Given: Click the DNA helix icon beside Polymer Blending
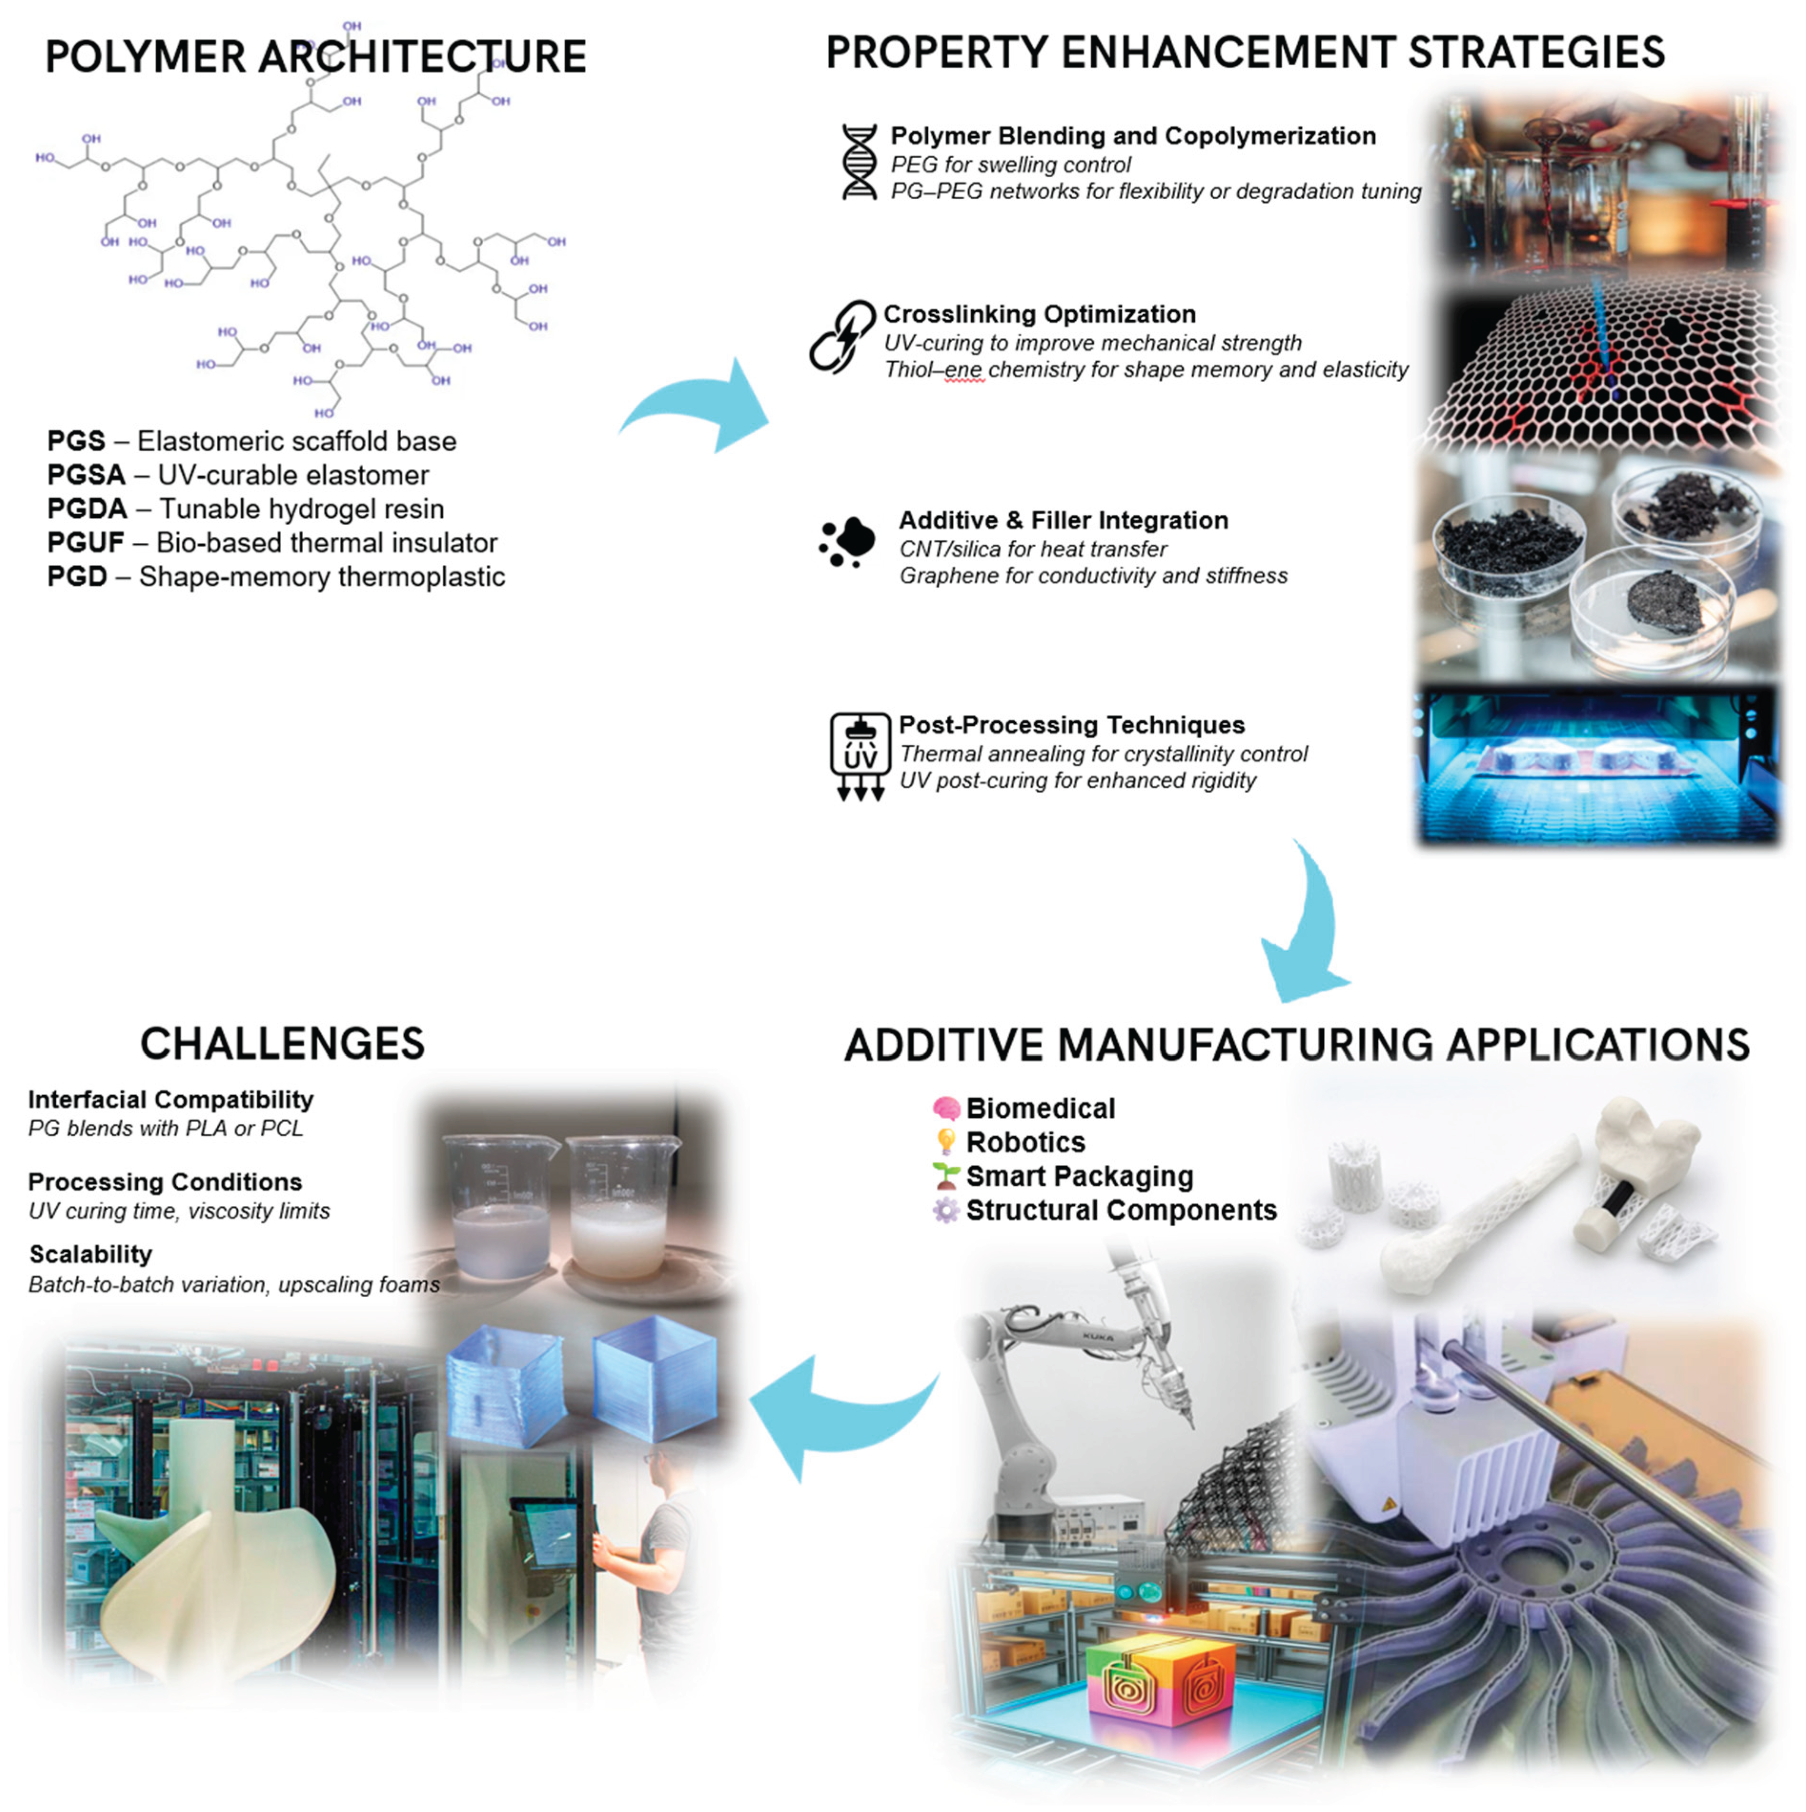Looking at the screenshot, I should coord(859,162).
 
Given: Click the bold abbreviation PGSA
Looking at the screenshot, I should coord(86,476).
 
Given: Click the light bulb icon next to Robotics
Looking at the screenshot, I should coord(946,1142).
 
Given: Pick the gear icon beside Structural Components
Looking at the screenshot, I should coord(946,1211).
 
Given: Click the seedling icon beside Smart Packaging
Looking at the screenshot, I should coord(946,1176).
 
